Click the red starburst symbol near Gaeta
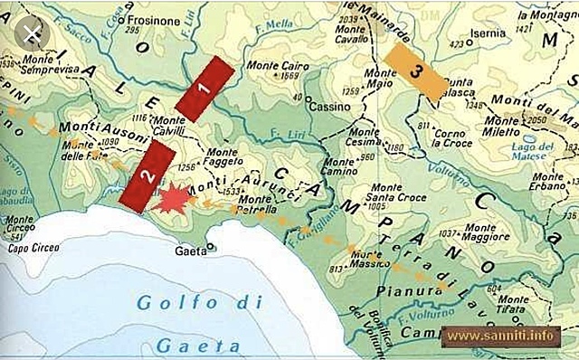170,199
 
